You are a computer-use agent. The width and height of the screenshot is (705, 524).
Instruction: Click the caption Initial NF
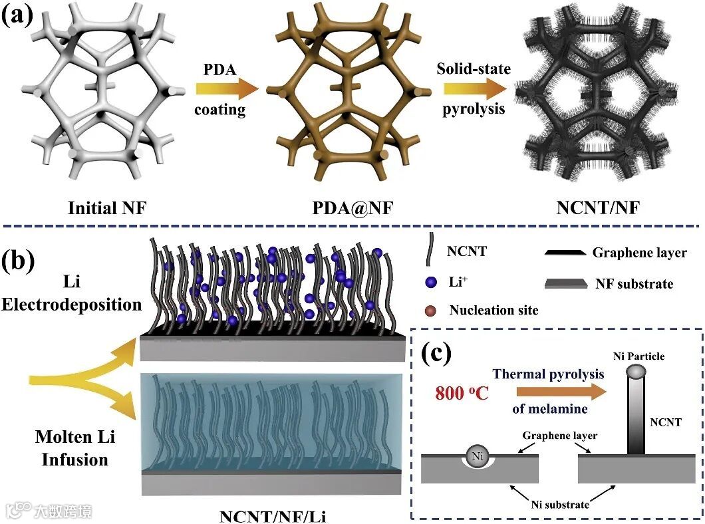(106, 208)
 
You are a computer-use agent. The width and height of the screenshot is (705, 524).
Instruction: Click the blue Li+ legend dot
(432, 282)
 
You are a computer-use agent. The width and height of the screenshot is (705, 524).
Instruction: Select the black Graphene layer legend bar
(565, 253)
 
